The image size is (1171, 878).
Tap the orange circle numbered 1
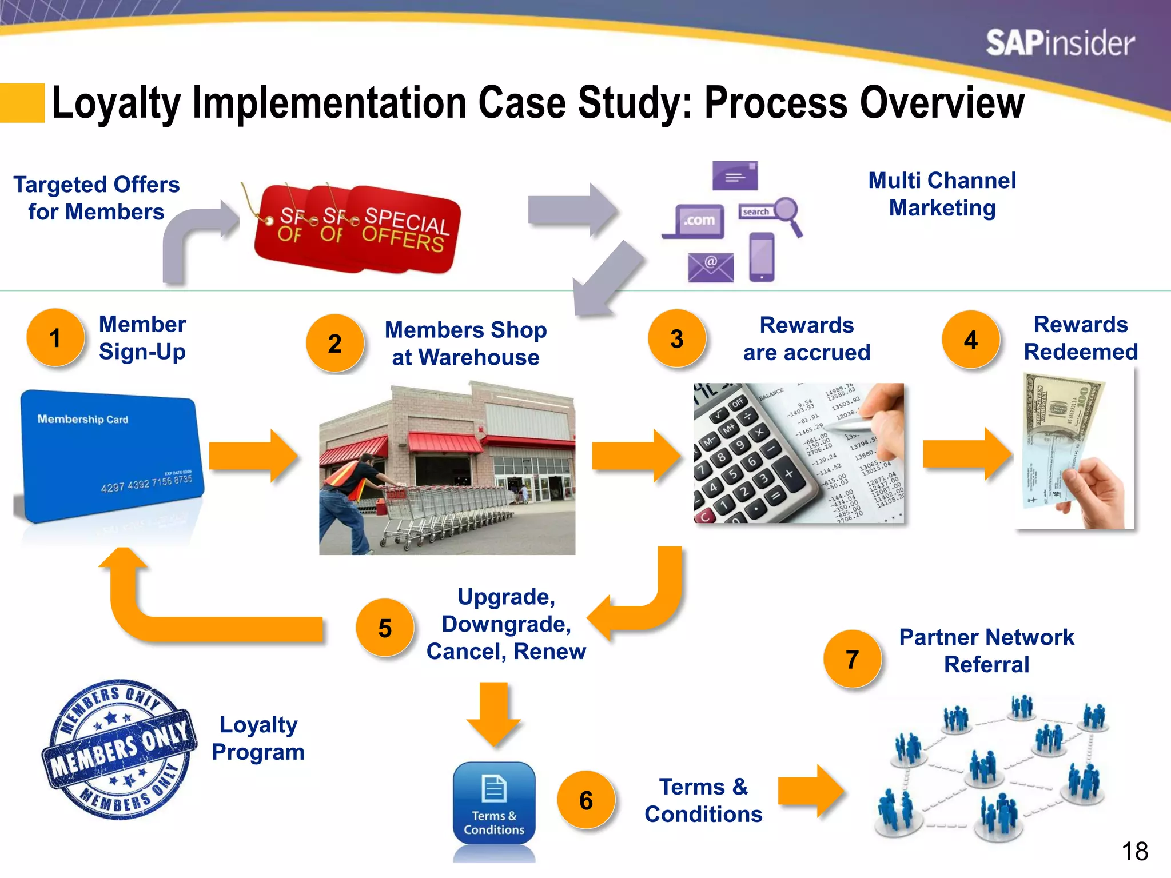(x=55, y=338)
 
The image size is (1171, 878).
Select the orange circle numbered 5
(x=384, y=628)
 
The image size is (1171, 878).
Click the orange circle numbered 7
(x=852, y=659)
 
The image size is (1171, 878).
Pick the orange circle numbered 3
(x=676, y=339)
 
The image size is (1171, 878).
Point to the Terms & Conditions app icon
(x=494, y=803)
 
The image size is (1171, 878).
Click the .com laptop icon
(x=694, y=222)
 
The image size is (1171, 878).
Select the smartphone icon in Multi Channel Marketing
(x=762, y=257)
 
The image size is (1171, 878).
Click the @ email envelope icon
(x=710, y=267)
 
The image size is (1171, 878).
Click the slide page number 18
(x=1134, y=852)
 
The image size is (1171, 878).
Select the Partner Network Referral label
(x=986, y=650)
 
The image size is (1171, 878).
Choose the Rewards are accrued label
(x=806, y=339)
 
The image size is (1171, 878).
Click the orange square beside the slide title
(x=22, y=103)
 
